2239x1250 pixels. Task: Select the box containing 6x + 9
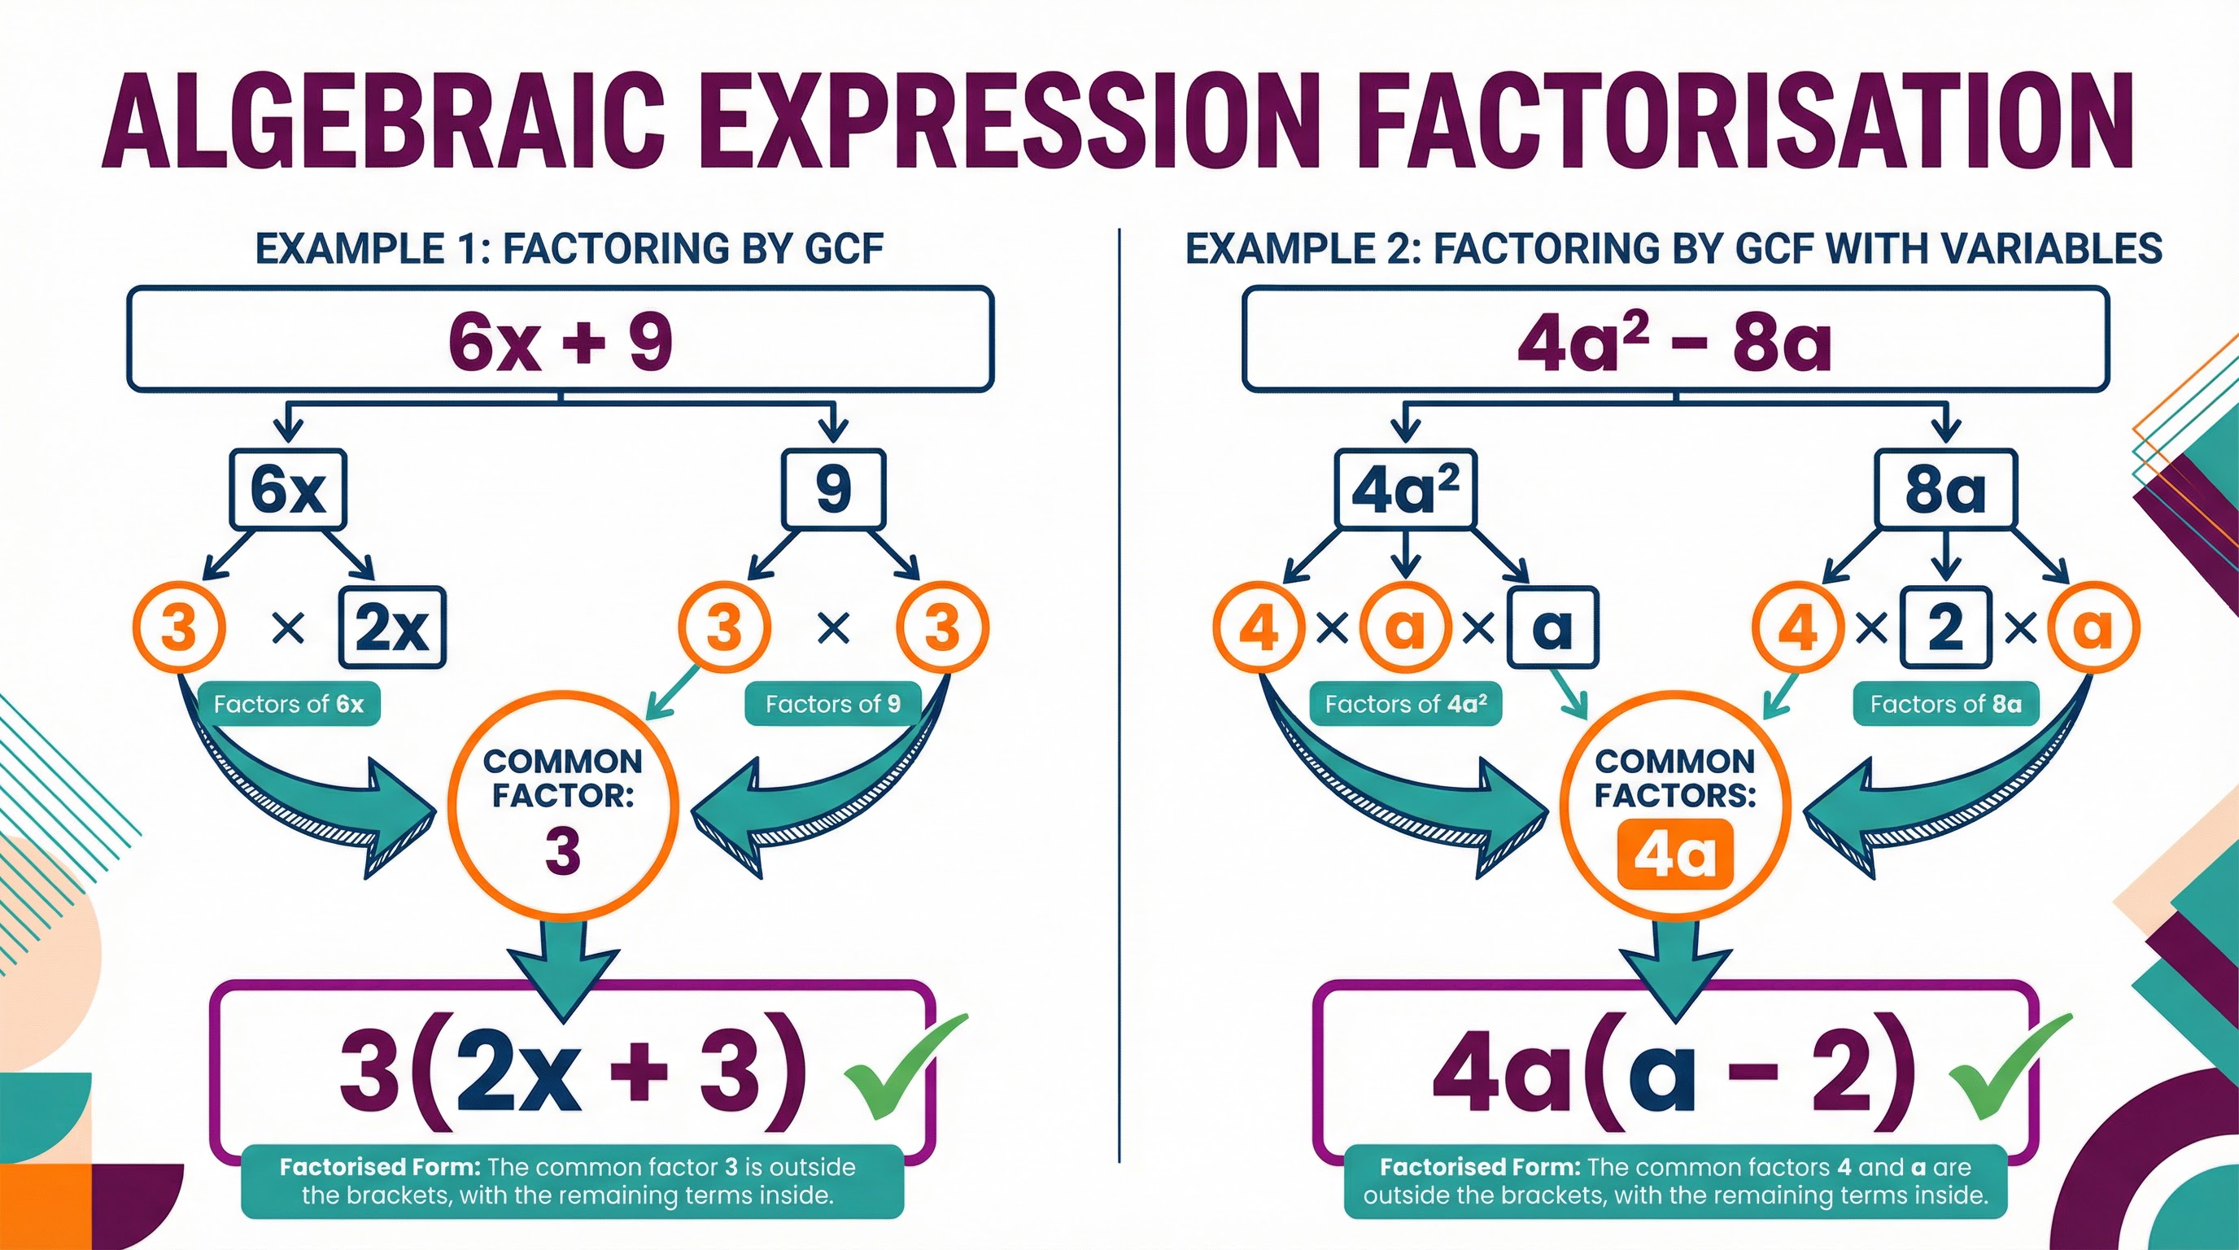click(x=561, y=340)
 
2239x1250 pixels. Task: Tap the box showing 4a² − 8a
click(x=1675, y=340)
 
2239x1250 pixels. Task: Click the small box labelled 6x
click(x=289, y=489)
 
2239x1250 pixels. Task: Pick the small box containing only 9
click(x=834, y=489)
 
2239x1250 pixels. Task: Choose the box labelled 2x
click(x=392, y=627)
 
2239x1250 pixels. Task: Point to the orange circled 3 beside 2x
click(x=179, y=627)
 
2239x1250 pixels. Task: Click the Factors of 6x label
click(x=289, y=703)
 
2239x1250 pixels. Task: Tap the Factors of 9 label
click(x=832, y=703)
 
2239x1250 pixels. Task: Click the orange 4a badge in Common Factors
click(x=1675, y=856)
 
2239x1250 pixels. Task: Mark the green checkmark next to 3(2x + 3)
click(x=904, y=1064)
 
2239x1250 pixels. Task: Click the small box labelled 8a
click(x=1945, y=489)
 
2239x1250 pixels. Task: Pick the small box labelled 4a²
click(x=1405, y=489)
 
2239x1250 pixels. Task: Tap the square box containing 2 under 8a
click(x=1946, y=627)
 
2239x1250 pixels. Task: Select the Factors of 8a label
click(x=1946, y=703)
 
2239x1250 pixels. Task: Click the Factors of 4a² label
click(x=1405, y=703)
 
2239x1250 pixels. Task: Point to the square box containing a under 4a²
click(x=1552, y=627)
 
